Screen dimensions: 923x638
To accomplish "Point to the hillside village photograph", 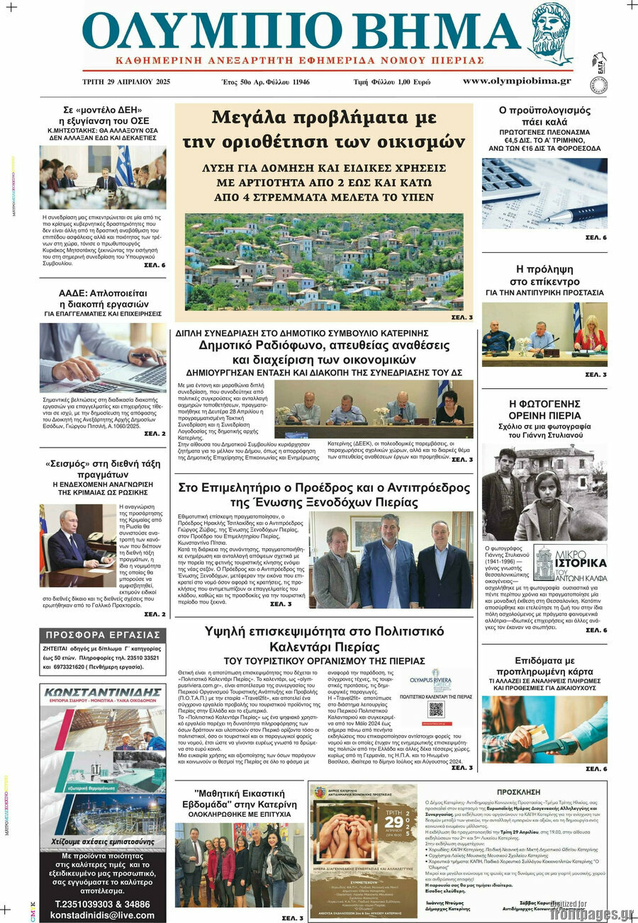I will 324,262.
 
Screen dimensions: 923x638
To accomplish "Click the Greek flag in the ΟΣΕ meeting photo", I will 124,166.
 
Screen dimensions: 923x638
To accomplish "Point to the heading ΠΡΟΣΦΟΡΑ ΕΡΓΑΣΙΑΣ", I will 103,635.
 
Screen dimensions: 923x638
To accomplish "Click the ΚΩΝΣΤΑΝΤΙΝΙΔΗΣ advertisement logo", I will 103,695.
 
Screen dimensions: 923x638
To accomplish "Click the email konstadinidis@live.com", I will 103,915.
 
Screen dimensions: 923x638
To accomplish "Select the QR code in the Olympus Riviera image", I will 436,709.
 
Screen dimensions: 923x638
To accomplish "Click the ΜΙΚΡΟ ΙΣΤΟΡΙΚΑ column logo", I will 569,563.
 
